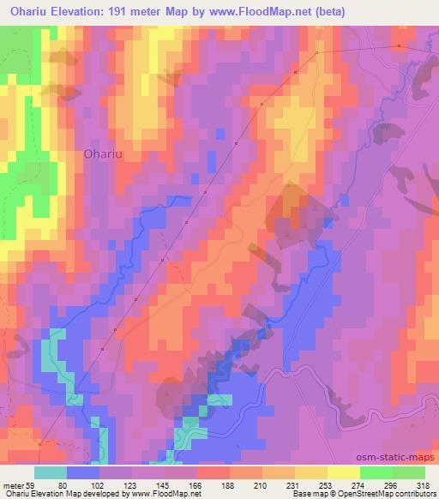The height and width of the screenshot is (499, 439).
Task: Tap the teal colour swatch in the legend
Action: click(x=51, y=472)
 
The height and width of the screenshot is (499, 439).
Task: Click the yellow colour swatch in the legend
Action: click(x=342, y=472)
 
